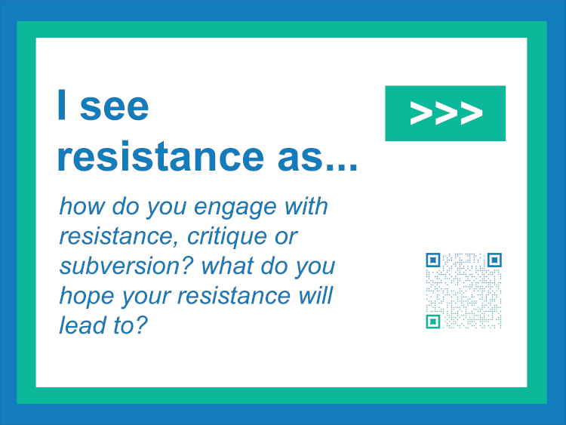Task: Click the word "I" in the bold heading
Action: click(62, 105)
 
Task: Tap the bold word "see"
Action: click(114, 107)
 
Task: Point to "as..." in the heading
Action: click(318, 159)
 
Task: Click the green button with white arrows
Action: click(445, 113)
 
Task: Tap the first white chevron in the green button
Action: click(421, 113)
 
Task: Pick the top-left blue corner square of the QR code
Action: click(433, 260)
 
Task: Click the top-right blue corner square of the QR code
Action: click(494, 260)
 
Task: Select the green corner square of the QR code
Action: click(433, 322)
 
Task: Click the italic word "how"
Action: click(82, 206)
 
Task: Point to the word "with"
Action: click(306, 206)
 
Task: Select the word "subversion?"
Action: click(127, 266)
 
